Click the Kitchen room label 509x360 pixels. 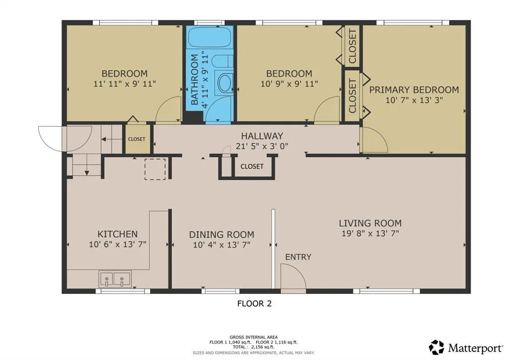point(117,234)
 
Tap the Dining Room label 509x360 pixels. point(222,234)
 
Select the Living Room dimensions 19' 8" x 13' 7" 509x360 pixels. point(370,233)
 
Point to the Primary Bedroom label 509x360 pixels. point(414,90)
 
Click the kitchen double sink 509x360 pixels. point(115,279)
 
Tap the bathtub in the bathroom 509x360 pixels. point(210,37)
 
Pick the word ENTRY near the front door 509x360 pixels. point(298,257)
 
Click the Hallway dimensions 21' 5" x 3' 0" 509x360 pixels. point(262,146)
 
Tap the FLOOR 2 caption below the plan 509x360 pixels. point(254,303)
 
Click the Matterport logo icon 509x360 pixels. point(436,348)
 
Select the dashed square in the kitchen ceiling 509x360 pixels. point(155,169)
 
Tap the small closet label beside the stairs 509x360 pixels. point(137,139)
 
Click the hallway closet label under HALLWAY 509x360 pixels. point(252,167)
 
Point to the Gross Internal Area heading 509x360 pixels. point(254,337)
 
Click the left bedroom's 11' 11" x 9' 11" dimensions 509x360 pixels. point(125,84)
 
